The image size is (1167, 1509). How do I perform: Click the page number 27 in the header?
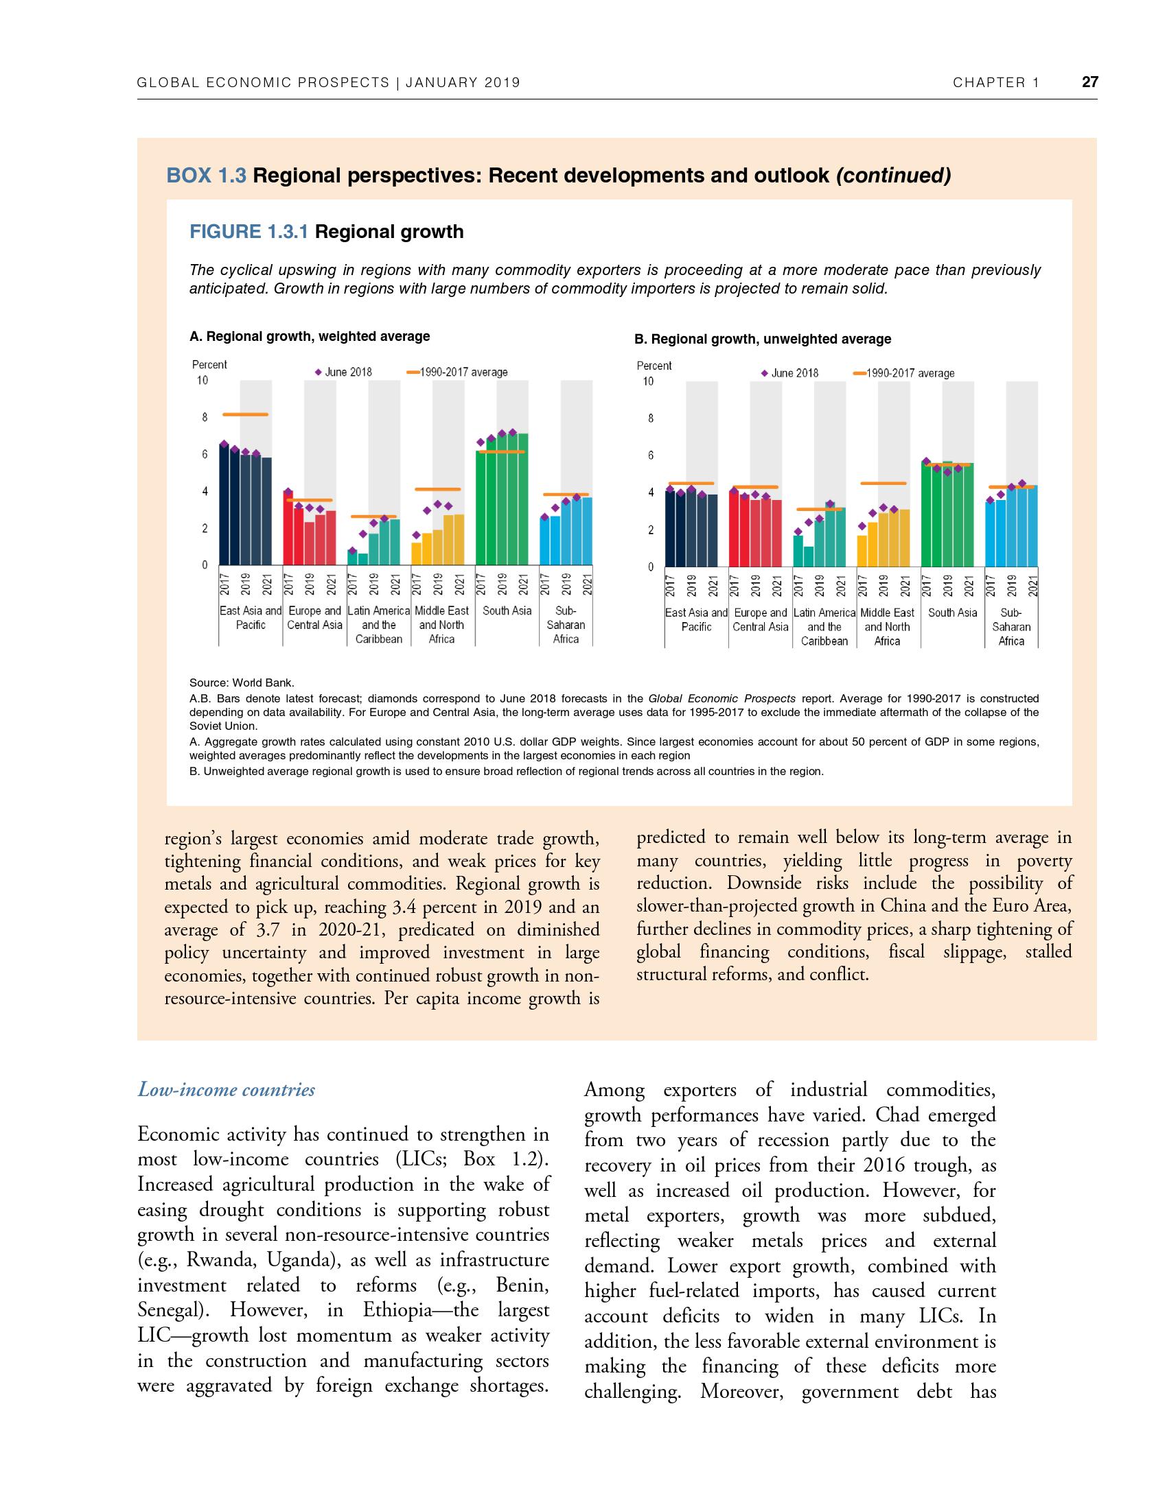click(x=1089, y=82)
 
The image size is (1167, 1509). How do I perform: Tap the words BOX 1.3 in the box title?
click(x=206, y=176)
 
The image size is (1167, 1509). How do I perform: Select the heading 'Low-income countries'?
click(x=226, y=1090)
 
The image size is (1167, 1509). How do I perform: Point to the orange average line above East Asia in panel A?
click(x=246, y=414)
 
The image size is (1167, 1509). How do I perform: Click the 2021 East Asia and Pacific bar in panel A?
click(x=266, y=511)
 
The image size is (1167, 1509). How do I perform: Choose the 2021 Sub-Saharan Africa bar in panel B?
click(x=1032, y=525)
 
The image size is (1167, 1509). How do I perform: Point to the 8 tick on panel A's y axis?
click(x=204, y=417)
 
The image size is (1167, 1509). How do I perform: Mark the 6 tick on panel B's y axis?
click(x=650, y=455)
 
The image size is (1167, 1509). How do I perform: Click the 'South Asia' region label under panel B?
click(x=953, y=613)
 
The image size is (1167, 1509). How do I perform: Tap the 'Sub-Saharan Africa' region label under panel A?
click(x=566, y=625)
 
